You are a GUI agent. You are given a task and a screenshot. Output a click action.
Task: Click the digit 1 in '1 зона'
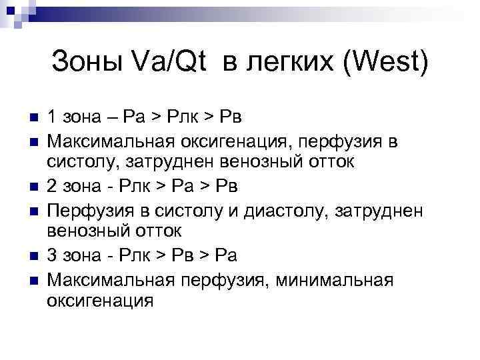tap(51, 117)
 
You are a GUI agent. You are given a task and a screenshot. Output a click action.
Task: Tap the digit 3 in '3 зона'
tap(52, 255)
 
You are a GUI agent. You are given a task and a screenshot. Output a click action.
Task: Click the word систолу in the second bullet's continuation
tap(77, 163)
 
